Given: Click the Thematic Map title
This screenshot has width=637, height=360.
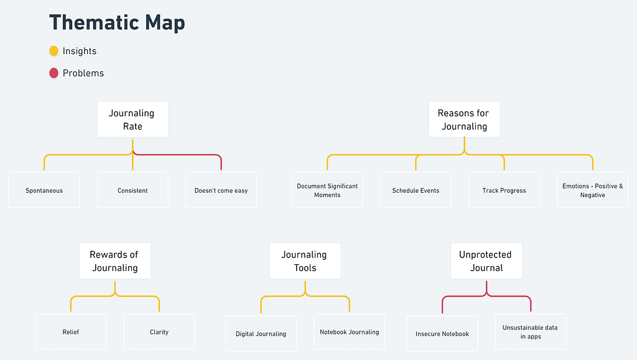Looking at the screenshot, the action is (117, 23).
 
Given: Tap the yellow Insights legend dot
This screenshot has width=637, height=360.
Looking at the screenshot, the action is (53, 51).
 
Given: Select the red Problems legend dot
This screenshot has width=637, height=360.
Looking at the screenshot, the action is (53, 73).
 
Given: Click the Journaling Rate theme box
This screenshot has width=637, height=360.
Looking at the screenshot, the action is (133, 119).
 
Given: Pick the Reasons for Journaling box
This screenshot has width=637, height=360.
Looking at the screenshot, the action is (464, 119).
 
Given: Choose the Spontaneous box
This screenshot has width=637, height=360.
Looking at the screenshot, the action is (44, 190).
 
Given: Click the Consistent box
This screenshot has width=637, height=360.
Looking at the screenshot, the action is (133, 190).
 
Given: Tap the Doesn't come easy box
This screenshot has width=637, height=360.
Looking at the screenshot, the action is (221, 190).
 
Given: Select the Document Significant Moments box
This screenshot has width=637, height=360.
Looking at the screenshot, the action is (327, 190).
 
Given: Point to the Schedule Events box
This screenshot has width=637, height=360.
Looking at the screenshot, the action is (416, 190).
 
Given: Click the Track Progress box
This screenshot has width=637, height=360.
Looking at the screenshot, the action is (504, 190).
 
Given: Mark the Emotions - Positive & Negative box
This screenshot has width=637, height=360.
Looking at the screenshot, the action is (593, 190).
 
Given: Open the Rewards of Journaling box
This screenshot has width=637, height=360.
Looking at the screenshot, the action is (115, 261).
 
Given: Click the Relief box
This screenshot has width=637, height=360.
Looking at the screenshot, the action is (71, 331).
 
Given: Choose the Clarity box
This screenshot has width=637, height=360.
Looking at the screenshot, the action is (159, 331).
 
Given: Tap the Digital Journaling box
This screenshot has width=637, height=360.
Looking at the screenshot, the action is (261, 334).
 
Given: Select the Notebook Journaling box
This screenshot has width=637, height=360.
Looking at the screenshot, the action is (350, 331).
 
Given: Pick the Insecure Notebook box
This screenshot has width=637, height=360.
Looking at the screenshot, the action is (442, 334).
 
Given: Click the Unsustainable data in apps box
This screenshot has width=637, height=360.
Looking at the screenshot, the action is (531, 331).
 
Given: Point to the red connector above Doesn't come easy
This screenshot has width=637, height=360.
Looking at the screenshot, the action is (179, 155).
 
